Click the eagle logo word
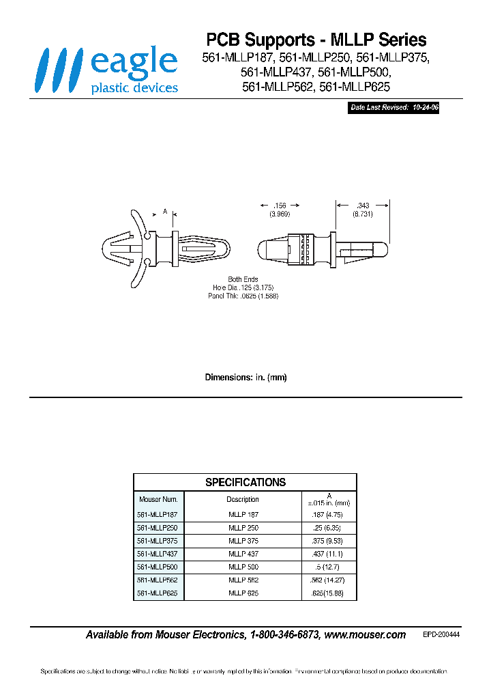134,63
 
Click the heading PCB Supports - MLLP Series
316,40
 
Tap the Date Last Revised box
393,108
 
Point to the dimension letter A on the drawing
165,212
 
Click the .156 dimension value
280,206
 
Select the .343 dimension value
362,206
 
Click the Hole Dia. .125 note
243,288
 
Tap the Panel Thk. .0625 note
243,296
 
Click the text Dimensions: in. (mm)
245,378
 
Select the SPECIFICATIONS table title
245,482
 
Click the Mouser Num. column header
158,499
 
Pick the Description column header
243,499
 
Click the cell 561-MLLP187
158,514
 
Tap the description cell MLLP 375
243,540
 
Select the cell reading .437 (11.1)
329,554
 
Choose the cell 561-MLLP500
158,567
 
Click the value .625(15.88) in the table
329,593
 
